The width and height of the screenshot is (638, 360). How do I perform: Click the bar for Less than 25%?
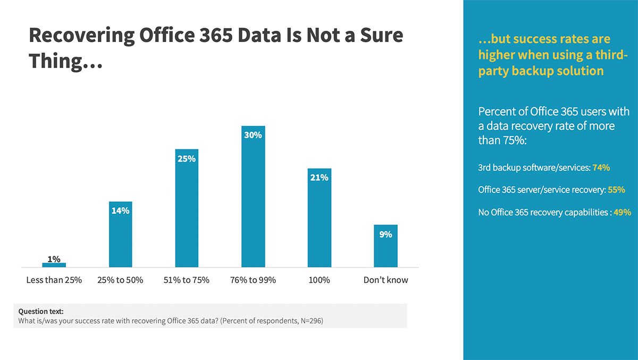[54, 265]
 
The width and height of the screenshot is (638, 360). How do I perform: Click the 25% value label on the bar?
[187, 158]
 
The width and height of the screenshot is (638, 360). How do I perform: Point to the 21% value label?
[319, 178]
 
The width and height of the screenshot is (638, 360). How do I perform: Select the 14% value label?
[120, 211]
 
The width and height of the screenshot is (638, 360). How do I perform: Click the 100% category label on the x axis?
[319, 280]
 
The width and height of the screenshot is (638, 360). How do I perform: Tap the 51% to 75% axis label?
[187, 280]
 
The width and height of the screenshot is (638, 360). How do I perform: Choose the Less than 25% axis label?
[54, 280]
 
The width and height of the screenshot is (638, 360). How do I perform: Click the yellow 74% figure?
[601, 168]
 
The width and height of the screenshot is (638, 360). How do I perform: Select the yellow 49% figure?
[622, 212]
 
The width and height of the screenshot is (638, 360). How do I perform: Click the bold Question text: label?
[41, 312]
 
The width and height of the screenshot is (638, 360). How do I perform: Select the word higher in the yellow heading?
[499, 55]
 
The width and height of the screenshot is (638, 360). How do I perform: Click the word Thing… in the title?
[65, 61]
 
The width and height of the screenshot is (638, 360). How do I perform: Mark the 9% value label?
[385, 234]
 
